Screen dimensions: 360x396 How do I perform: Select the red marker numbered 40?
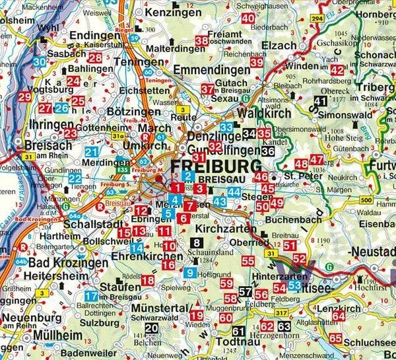click(x=248, y=18)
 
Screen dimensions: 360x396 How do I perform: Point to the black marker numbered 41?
click(x=321, y=101)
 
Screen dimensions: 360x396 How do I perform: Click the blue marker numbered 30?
click(x=40, y=62)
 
